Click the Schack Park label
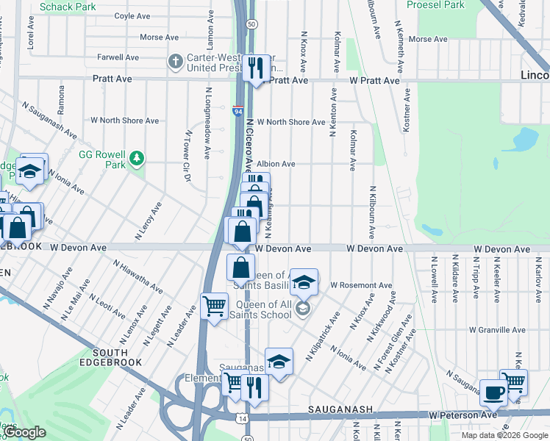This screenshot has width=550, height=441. click(68, 7)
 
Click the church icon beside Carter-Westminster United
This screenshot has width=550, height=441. click(175, 61)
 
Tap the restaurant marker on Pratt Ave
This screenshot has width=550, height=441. click(256, 70)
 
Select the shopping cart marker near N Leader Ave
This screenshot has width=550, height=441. click(214, 306)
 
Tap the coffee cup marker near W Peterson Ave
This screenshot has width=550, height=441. click(493, 392)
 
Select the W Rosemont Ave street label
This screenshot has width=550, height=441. click(361, 284)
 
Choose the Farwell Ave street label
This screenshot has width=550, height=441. click(118, 57)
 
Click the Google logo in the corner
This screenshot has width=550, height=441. click(25, 433)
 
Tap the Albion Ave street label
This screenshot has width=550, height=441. click(276, 164)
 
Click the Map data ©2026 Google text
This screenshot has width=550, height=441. click(504, 435)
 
